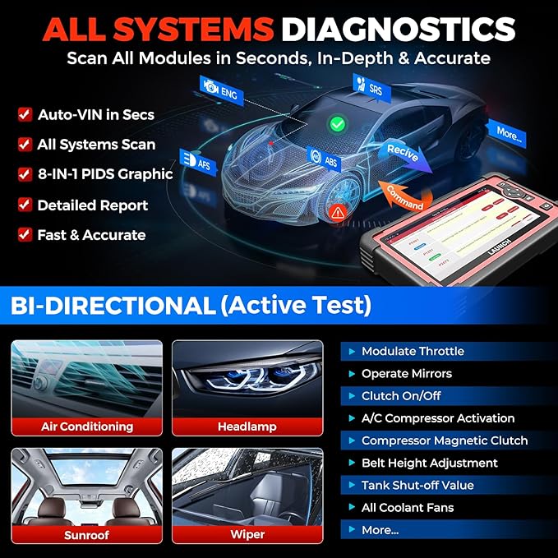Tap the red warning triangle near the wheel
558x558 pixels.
click(337, 212)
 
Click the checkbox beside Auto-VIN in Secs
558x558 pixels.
click(24, 115)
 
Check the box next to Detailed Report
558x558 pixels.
click(24, 205)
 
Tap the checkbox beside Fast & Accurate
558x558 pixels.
click(24, 235)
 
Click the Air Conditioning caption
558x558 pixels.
click(87, 427)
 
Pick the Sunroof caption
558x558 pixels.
click(87, 534)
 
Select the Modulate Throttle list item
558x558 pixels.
click(413, 351)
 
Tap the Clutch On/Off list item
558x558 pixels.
click(401, 395)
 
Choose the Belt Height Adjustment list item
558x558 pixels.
click(429, 463)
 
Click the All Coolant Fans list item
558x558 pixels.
click(408, 507)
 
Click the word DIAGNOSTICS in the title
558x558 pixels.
click(398, 30)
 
